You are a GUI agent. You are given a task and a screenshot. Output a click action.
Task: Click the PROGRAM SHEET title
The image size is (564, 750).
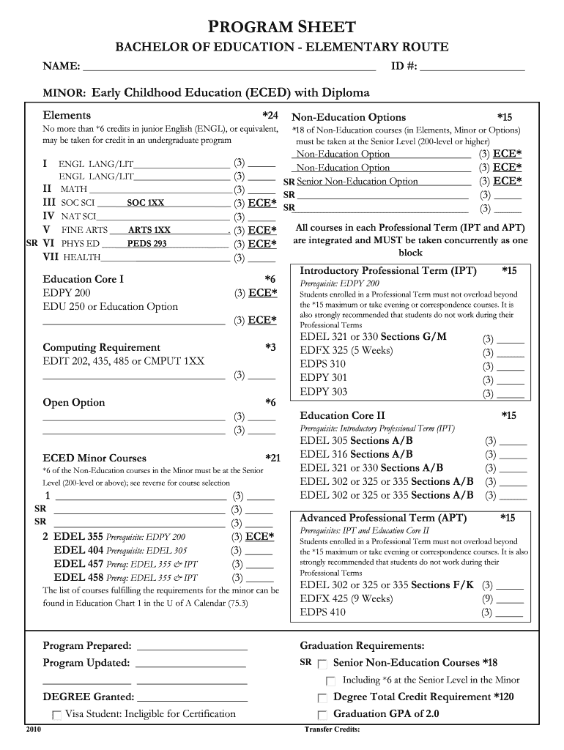click(x=282, y=27)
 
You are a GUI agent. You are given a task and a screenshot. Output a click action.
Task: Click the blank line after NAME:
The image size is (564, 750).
click(x=229, y=67)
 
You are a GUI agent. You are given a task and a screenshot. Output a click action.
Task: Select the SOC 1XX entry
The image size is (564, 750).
click(x=145, y=203)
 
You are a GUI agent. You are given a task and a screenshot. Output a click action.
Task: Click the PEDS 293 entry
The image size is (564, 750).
click(x=146, y=244)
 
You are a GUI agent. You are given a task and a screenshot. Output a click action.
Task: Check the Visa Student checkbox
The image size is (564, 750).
click(x=56, y=715)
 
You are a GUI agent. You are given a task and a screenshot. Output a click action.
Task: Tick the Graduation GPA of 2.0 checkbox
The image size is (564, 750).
click(x=322, y=715)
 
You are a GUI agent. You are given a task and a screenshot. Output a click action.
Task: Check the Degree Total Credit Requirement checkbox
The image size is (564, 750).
click(x=322, y=698)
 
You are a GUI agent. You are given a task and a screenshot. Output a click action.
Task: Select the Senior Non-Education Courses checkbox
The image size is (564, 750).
click(x=322, y=664)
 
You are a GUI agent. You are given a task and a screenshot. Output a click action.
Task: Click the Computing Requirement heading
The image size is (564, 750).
click(x=101, y=347)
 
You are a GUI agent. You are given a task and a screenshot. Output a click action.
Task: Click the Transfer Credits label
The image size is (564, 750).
click(x=331, y=729)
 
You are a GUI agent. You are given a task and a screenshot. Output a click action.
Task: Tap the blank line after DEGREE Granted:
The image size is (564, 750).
click(x=192, y=697)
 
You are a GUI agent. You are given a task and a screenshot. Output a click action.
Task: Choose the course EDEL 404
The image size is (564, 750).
click(x=78, y=550)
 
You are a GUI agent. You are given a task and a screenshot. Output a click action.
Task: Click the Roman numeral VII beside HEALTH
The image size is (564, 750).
click(x=51, y=257)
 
